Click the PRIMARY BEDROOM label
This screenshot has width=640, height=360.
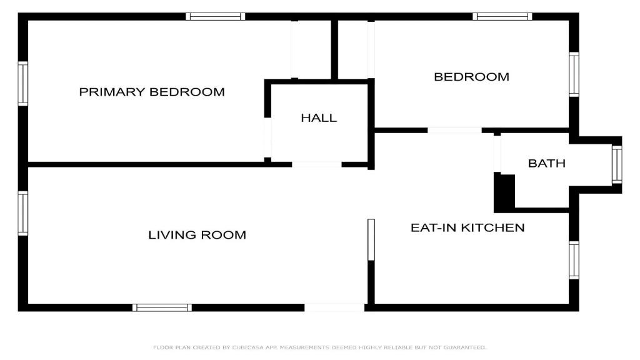pyautogui.click(x=152, y=92)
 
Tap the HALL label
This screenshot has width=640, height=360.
pyautogui.click(x=319, y=118)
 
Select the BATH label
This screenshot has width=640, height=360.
pyautogui.click(x=546, y=163)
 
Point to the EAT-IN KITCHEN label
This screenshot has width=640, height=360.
pyautogui.click(x=467, y=227)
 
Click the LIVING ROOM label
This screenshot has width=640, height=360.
pyautogui.click(x=197, y=235)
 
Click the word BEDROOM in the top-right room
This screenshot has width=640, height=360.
pyautogui.click(x=471, y=77)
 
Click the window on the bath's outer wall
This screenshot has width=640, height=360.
pyautogui.click(x=617, y=165)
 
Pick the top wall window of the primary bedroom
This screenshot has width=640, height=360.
pyautogui.click(x=216, y=17)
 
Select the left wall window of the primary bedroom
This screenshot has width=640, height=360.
pyautogui.click(x=23, y=84)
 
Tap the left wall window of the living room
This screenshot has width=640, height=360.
pyautogui.click(x=23, y=214)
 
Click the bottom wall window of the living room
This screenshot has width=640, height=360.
pyautogui.click(x=162, y=307)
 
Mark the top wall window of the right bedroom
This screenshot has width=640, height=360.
pyautogui.click(x=502, y=17)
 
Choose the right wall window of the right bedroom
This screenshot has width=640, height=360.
pyautogui.click(x=574, y=74)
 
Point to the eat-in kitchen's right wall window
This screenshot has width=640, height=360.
pyautogui.click(x=574, y=260)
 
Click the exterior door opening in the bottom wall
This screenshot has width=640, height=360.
pyautogui.click(x=335, y=307)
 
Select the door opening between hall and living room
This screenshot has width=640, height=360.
pyautogui.click(x=317, y=164)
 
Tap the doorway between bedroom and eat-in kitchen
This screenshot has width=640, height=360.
pyautogui.click(x=455, y=131)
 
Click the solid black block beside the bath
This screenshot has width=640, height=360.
pyautogui.click(x=504, y=192)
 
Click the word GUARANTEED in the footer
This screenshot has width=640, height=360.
pyautogui.click(x=465, y=347)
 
